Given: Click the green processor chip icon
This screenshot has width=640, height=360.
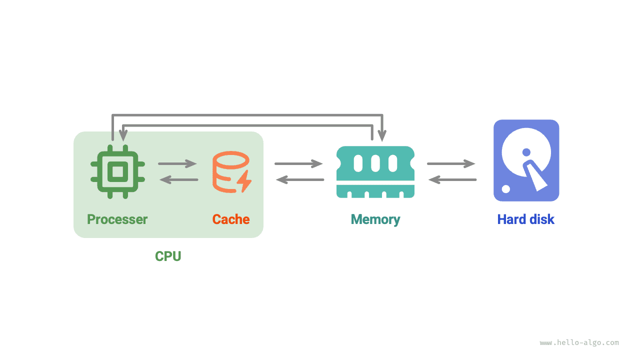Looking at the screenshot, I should tap(117, 171).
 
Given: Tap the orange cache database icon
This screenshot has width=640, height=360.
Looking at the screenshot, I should tap(230, 171).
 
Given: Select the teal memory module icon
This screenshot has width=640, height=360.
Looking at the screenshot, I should tap(375, 171).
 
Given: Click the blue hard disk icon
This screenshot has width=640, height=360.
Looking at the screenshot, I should tap(526, 160).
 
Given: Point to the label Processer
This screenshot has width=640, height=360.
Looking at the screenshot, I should tap(117, 219).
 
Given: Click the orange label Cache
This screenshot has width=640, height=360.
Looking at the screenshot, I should tap(230, 219).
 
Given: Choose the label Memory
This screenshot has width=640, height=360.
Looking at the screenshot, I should tap(375, 219).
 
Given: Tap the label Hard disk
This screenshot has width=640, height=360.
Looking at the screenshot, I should tap(526, 219).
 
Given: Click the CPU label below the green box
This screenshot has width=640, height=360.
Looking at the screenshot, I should tap(168, 256).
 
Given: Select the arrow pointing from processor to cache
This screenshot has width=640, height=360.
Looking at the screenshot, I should tap(178, 163).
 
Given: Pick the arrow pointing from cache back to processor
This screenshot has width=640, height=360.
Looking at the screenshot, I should tap(178, 179).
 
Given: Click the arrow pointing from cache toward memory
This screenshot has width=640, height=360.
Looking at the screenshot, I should tap(298, 163).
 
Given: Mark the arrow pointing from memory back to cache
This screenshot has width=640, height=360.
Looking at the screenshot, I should tap(300, 179).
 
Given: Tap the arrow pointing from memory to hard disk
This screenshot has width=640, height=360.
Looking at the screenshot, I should tap(451, 163).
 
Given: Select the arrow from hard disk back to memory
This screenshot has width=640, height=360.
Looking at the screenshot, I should tap(452, 179).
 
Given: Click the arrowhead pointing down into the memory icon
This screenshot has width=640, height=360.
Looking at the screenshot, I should tap(382, 135).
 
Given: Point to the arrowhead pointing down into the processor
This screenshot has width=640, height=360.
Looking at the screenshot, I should tap(123, 135).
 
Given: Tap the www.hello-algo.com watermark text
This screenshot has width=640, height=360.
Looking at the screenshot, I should tap(579, 343).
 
